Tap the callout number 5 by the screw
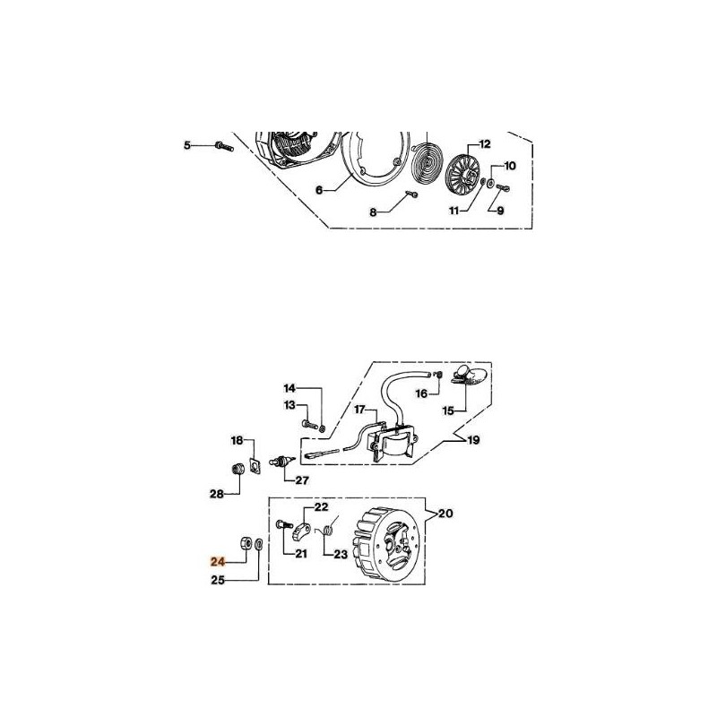[187, 145]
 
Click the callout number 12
[485, 143]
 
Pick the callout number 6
[318, 190]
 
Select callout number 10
[511, 166]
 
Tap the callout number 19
[472, 440]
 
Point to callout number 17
[359, 410]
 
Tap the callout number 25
[217, 580]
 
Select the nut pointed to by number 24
[244, 543]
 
